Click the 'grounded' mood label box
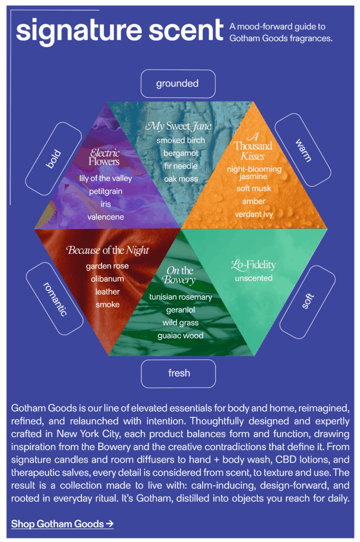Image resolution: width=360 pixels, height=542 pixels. (x=177, y=84)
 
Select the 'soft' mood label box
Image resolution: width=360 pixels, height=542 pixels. (x=307, y=302)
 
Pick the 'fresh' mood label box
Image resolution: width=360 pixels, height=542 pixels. (x=179, y=373)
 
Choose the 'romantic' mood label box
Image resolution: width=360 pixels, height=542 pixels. (x=55, y=299)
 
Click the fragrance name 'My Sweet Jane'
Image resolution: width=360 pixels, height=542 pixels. (x=178, y=126)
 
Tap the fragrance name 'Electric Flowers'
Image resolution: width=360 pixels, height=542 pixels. (x=104, y=157)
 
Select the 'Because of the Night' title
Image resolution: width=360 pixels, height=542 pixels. (x=108, y=250)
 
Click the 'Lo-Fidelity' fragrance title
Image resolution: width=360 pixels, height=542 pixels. (x=254, y=264)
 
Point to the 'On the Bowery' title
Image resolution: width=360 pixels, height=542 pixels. (x=180, y=275)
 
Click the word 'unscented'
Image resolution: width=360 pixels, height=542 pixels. (x=254, y=278)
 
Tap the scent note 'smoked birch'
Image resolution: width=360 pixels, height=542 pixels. (x=181, y=140)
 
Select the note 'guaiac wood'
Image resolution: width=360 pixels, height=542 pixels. (x=181, y=336)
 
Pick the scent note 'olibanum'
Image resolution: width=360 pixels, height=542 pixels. (x=107, y=279)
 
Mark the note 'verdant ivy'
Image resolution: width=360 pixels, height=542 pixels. (x=254, y=214)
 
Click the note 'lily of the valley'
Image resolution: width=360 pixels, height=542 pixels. (x=105, y=178)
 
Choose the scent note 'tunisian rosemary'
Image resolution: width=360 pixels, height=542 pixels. (x=181, y=297)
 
